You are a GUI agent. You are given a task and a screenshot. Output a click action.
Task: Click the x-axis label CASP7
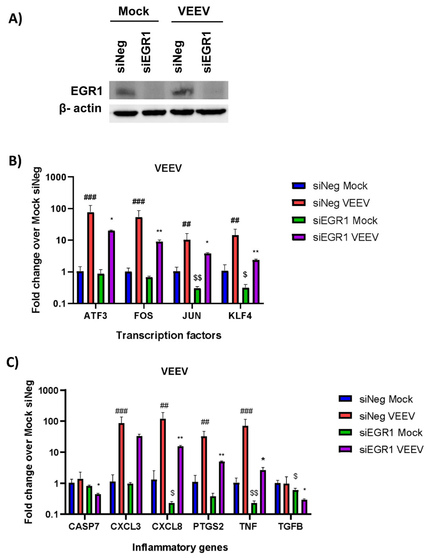point(84,526)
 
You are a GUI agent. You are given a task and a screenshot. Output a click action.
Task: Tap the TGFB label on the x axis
point(290,526)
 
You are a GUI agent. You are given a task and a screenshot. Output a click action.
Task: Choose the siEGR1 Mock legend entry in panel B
point(345,220)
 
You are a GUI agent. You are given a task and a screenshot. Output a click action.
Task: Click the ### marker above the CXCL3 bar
point(121,411)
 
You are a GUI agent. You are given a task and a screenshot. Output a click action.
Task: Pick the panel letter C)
point(12,362)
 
